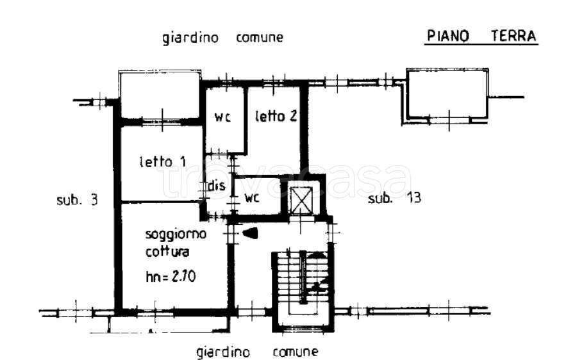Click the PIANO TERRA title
[481, 37]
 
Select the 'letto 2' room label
[276, 117]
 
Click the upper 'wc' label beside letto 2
[222, 117]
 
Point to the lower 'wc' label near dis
[251, 198]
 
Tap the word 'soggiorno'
[175, 234]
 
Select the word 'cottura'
[167, 252]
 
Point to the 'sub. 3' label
[77, 199]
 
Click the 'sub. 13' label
[394, 199]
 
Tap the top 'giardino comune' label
[222, 38]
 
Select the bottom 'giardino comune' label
[256, 352]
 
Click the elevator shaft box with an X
[300, 200]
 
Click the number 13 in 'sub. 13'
[413, 199]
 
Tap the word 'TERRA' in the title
[514, 37]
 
